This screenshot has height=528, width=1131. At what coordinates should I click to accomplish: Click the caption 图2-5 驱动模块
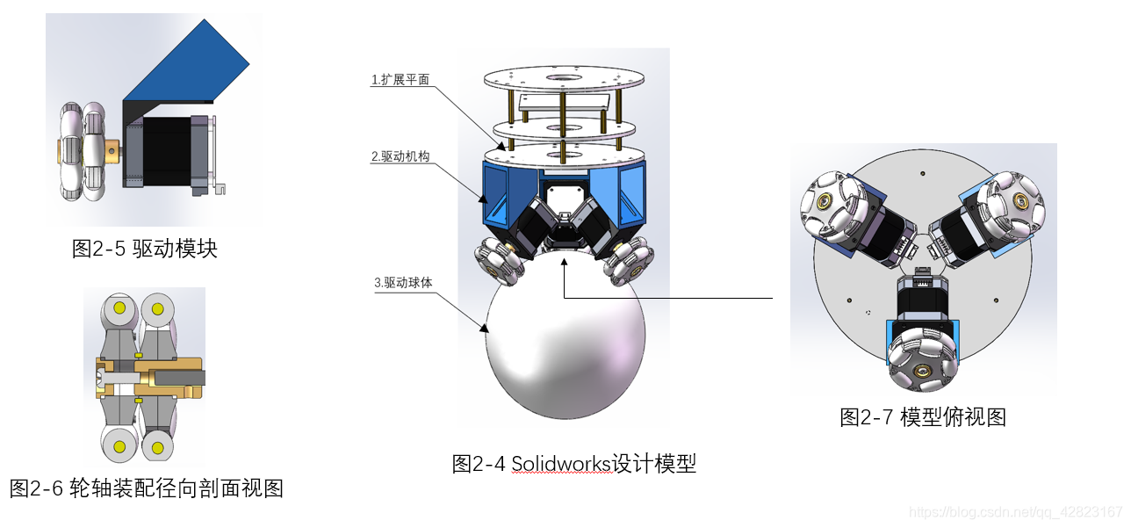tap(144, 249)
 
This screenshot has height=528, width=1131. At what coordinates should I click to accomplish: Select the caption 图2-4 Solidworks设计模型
tap(573, 463)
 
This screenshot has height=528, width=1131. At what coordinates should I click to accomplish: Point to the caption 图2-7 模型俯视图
tap(922, 417)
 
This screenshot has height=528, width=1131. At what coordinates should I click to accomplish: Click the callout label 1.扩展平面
tap(400, 80)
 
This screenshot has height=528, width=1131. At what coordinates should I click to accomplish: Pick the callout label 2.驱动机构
tap(400, 157)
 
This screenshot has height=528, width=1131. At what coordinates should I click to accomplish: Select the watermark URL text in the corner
tap(1015, 511)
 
